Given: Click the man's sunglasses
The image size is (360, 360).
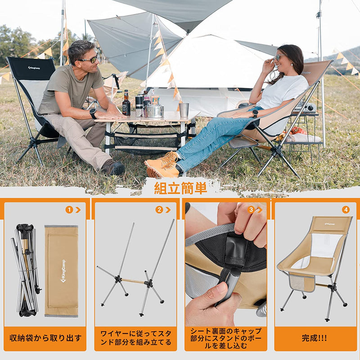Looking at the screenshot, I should click(89, 59).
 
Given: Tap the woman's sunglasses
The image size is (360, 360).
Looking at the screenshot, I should click(280, 57).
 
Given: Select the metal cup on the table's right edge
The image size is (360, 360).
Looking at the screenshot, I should click(184, 110).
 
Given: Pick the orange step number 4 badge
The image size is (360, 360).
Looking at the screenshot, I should click(345, 210).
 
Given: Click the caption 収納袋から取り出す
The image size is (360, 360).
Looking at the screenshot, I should click(45, 338).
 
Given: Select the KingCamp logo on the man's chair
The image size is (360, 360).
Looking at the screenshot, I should click(34, 68).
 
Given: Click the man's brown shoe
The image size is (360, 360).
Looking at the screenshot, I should click(113, 168).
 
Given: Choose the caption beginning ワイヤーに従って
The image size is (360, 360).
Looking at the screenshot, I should click(135, 338).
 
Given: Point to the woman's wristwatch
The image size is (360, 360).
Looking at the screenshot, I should click(255, 113).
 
